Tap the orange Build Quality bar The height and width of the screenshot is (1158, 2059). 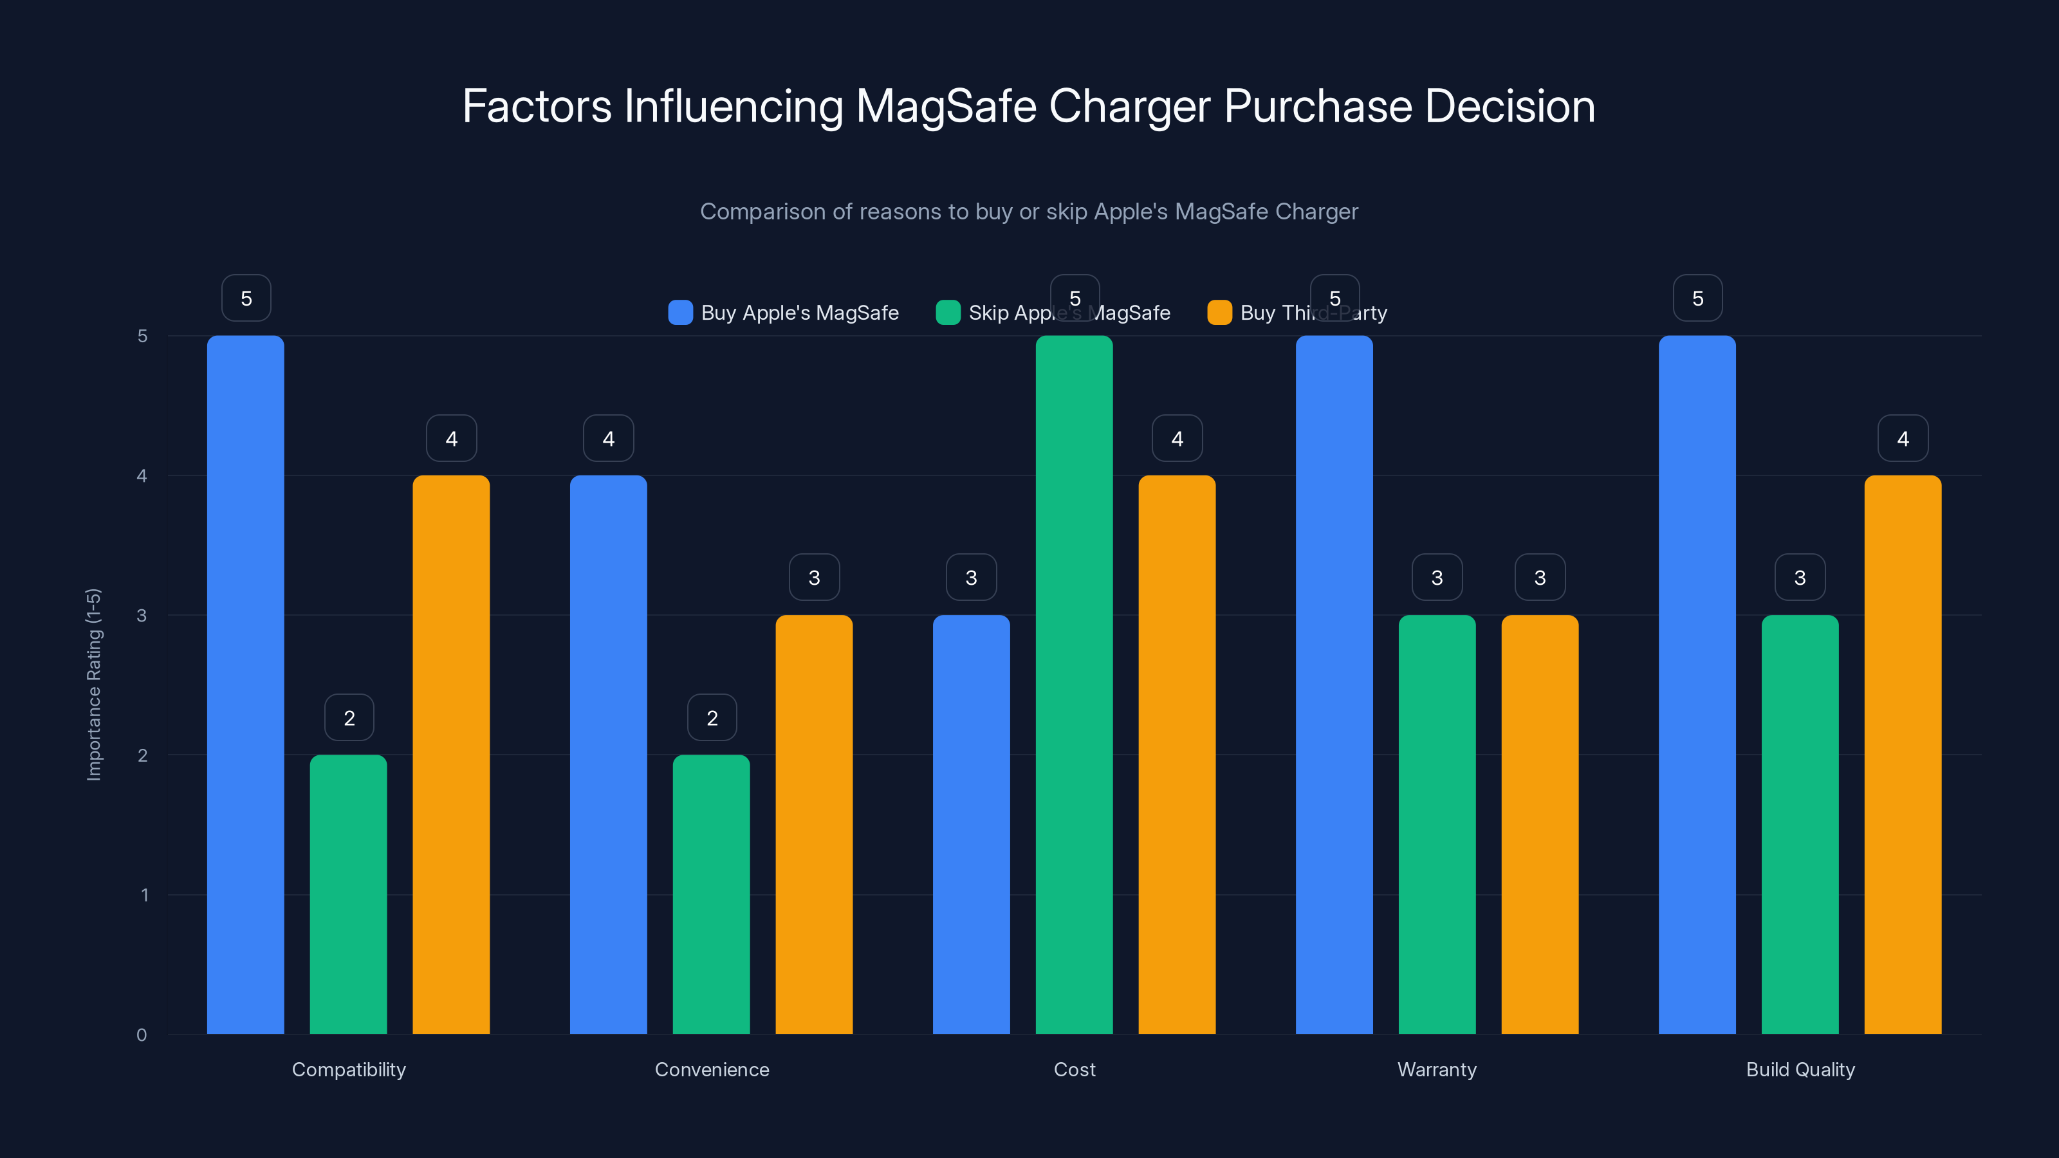coord(1903,755)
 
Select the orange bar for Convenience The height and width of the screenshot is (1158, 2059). coord(814,824)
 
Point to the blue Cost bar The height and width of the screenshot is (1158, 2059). coord(971,824)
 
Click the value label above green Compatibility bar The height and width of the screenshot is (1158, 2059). coord(349,718)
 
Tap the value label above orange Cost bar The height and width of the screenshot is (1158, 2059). coord(1177,438)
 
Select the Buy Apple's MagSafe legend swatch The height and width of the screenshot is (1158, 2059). coord(680,313)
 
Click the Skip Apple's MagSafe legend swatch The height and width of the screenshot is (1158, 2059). coord(948,313)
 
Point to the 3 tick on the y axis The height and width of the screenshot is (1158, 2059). coord(142,616)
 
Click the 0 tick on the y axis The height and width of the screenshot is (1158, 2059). coord(142,1035)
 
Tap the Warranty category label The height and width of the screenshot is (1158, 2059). coord(1436,1069)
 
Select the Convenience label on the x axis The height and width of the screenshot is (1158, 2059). coord(712,1069)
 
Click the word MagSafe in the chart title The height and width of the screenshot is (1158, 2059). coord(946,106)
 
